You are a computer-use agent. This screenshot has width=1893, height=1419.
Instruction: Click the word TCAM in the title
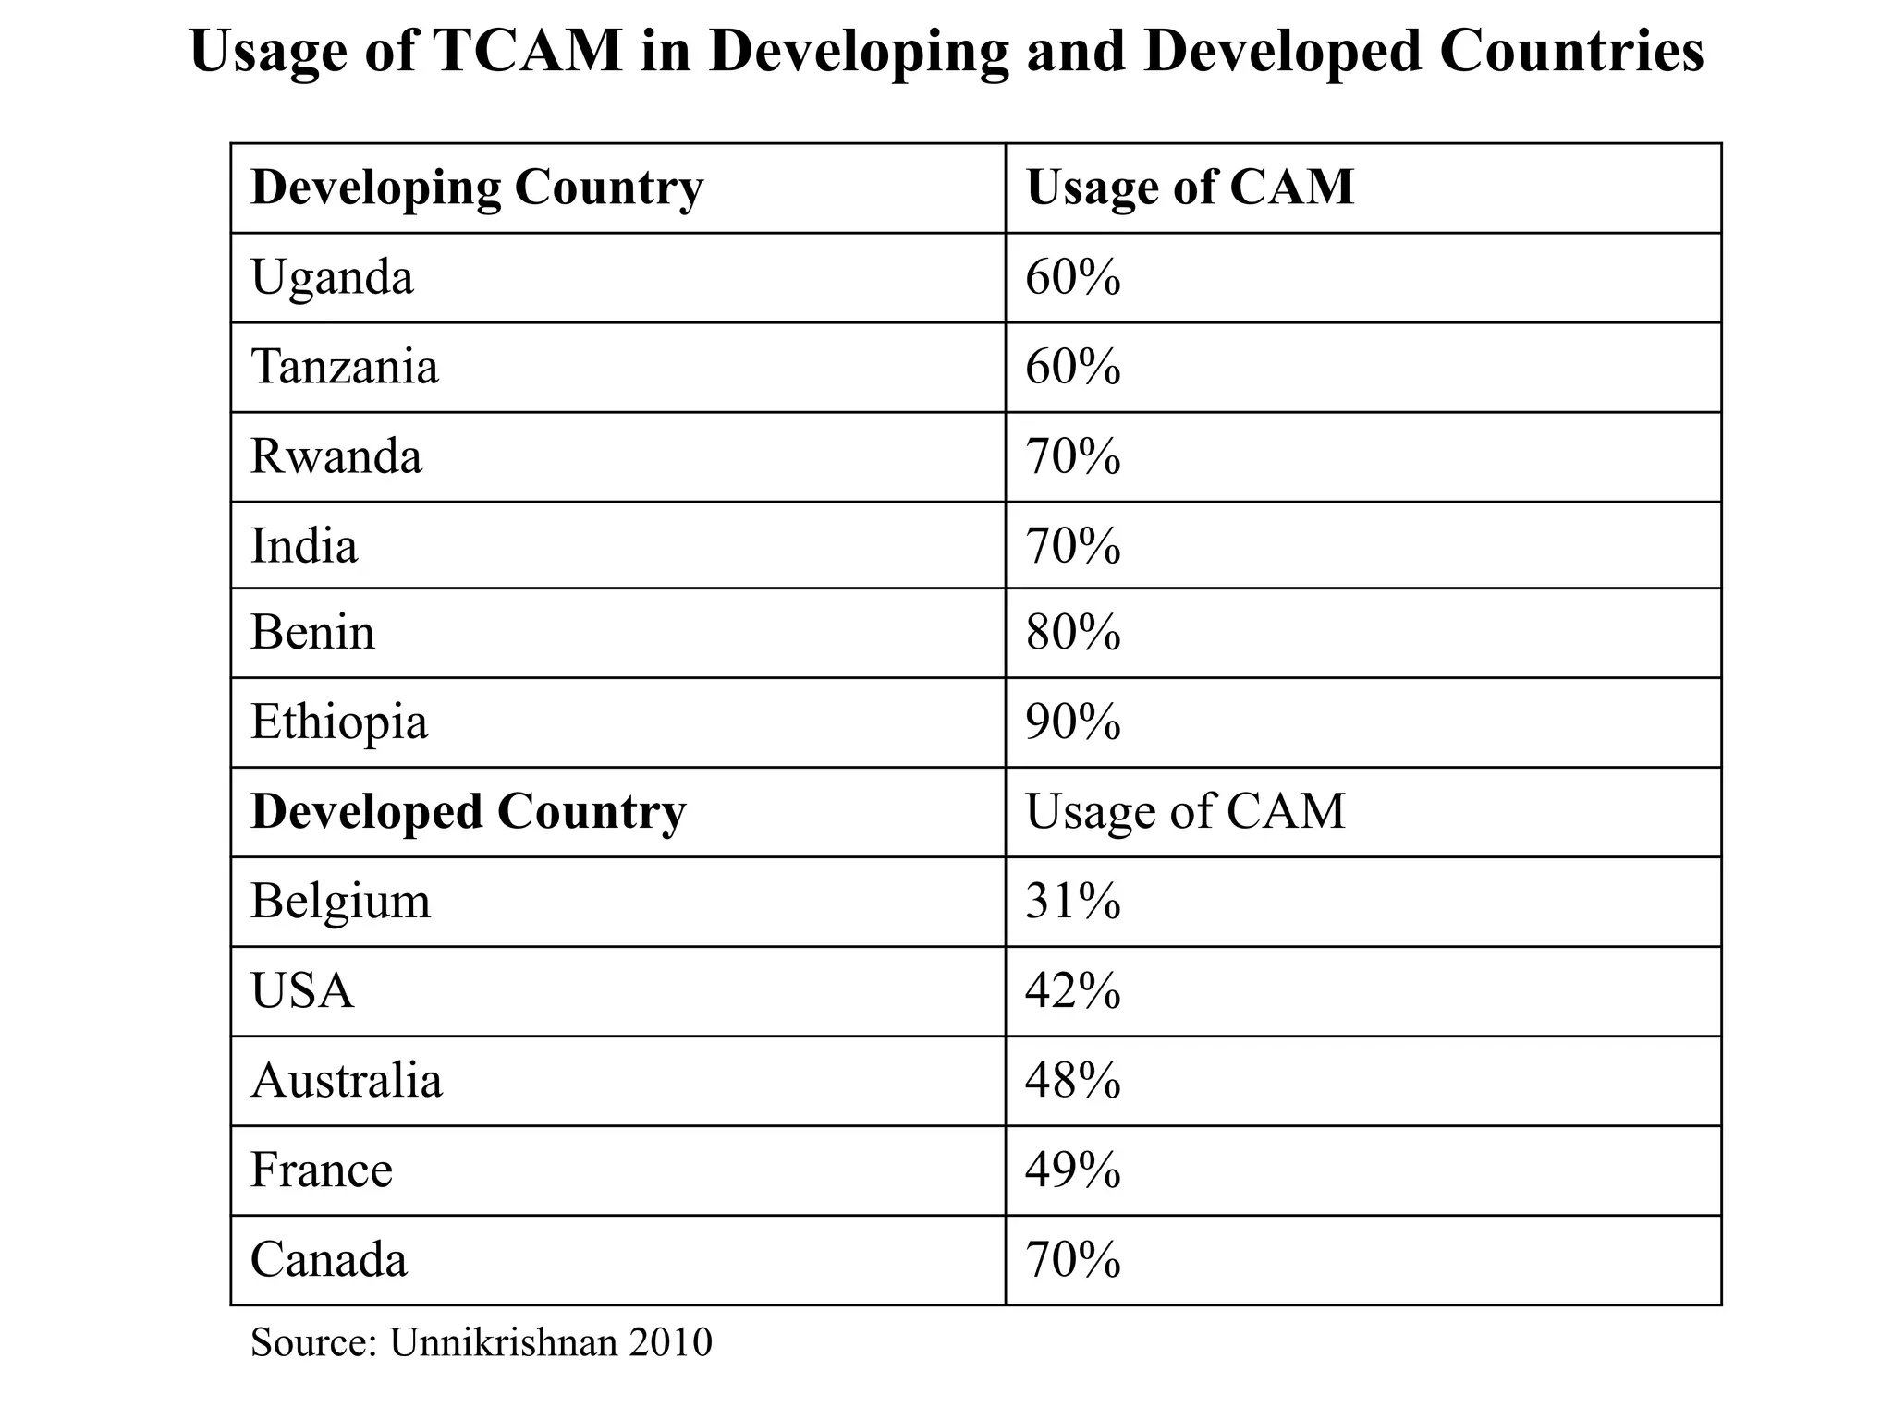pos(525,51)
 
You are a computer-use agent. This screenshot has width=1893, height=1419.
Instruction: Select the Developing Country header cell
pos(477,188)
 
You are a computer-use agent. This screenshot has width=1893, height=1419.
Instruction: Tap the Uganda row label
pos(332,277)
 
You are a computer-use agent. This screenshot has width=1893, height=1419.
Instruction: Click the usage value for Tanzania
pos(1073,367)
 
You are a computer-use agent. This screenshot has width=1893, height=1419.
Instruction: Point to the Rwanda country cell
pos(336,456)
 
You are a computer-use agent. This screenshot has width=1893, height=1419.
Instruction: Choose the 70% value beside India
pos(1073,545)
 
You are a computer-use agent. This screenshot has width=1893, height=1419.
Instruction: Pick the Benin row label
pos(312,633)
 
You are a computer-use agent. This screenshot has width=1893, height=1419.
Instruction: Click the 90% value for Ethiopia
pos(1073,722)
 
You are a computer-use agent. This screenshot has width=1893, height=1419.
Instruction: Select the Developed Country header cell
pos(468,812)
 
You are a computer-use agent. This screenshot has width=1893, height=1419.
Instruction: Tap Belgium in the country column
pos(340,901)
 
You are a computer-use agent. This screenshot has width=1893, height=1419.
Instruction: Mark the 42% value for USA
pos(1073,990)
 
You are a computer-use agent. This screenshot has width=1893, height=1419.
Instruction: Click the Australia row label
pos(347,1080)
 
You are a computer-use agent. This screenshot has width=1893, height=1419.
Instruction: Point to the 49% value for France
pos(1073,1170)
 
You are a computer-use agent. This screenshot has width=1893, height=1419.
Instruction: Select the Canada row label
pos(329,1259)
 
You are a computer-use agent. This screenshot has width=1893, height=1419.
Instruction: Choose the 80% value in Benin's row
pos(1073,633)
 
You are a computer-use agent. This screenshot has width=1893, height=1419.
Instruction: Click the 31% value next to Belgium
pos(1073,901)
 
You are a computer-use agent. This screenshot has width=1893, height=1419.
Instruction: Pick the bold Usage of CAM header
pos(1190,188)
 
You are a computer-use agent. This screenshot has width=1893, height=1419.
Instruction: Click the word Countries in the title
pos(1570,51)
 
